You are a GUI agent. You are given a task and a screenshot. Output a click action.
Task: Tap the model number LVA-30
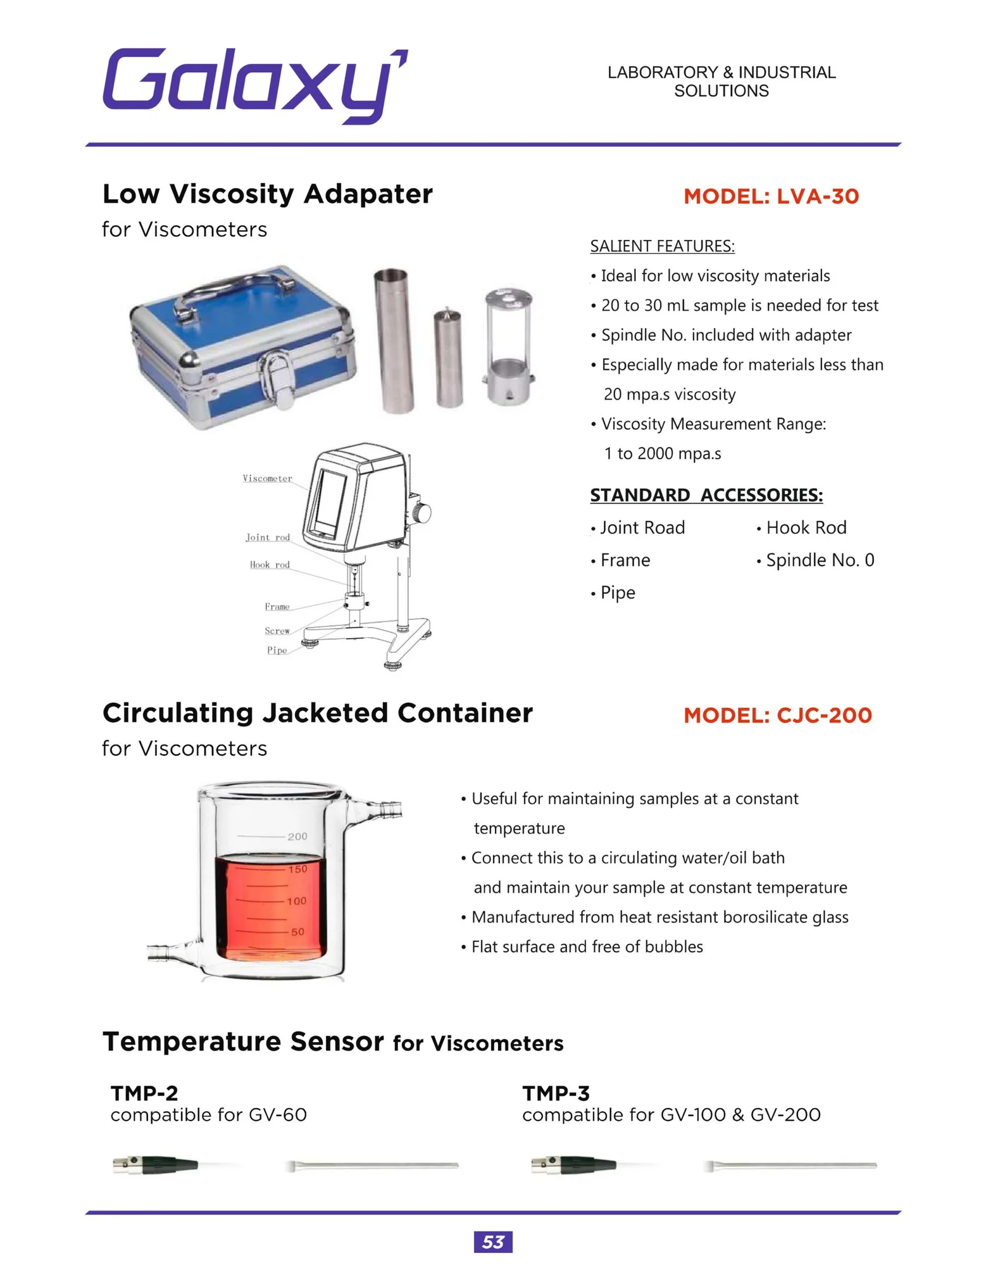point(771,196)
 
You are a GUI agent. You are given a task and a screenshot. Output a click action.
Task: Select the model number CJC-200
point(778,715)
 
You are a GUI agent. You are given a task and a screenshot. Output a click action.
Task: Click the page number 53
point(493,1242)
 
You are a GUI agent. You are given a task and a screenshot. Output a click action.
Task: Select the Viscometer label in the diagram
point(267,478)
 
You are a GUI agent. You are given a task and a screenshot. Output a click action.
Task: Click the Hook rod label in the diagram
point(269,565)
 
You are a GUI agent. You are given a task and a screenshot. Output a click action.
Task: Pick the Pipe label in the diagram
point(277,651)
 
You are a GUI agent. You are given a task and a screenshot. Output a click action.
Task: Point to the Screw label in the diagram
point(277,631)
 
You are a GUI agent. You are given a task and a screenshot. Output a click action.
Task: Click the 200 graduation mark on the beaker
point(297,837)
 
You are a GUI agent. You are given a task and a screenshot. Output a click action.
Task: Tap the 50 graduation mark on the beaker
point(298,932)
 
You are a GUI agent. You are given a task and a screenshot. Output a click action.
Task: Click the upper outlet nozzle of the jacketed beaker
point(385,808)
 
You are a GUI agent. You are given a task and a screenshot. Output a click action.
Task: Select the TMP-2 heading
point(144,1093)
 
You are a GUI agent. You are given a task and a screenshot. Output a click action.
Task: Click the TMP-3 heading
point(556,1093)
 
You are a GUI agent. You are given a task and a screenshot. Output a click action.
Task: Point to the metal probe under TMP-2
point(372,1165)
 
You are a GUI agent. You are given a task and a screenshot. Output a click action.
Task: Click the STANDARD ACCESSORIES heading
point(706,495)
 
